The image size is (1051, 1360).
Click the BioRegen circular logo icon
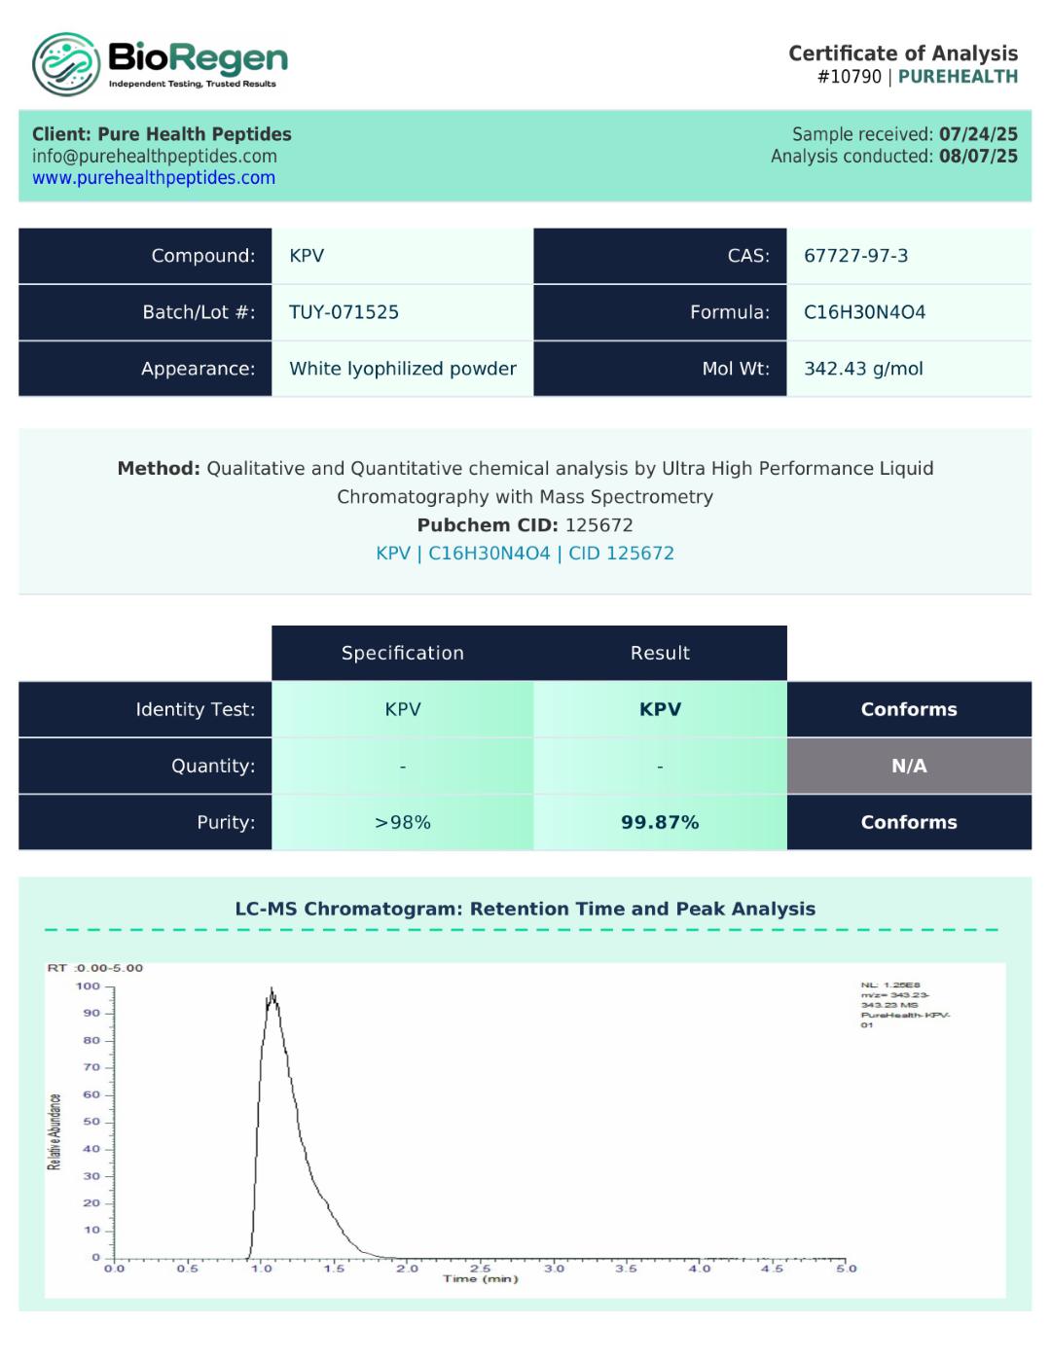click(65, 64)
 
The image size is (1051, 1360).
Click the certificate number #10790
click(849, 77)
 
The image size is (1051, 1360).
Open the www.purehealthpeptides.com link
click(154, 178)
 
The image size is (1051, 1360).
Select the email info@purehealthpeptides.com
click(155, 157)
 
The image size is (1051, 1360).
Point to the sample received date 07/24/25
click(978, 134)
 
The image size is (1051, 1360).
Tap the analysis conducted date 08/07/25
click(978, 157)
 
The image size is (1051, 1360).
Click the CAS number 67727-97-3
click(855, 256)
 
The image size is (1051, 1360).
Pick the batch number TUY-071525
click(344, 312)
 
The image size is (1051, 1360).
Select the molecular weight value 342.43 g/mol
click(863, 369)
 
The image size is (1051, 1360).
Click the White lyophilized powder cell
click(403, 369)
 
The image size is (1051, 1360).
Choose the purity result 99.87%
click(660, 822)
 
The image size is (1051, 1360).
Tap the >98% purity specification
click(403, 822)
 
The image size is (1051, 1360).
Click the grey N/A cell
click(909, 766)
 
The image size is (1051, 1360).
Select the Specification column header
click(403, 653)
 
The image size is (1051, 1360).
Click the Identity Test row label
click(196, 709)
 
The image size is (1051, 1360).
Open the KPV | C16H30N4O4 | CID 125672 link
click(525, 554)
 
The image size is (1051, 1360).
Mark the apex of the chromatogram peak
click(272, 989)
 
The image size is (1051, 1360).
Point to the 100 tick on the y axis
click(89, 986)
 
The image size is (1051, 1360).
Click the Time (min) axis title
click(481, 1278)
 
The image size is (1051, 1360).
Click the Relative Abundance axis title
click(55, 1131)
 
